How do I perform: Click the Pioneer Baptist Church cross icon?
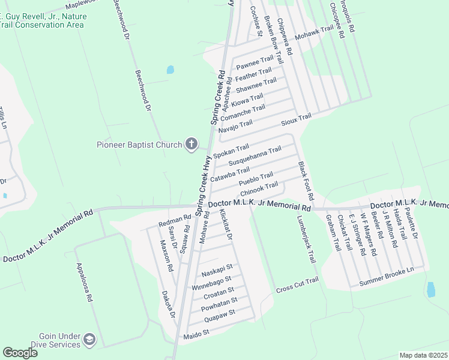(191, 143)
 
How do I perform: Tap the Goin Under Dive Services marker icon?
(89, 340)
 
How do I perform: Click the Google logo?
(20, 353)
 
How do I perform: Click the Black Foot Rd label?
(306, 180)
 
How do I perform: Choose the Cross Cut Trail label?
(297, 286)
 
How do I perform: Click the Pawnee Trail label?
(255, 62)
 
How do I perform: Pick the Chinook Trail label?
(259, 188)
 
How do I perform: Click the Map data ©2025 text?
(423, 355)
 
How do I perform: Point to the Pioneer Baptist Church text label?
(139, 145)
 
